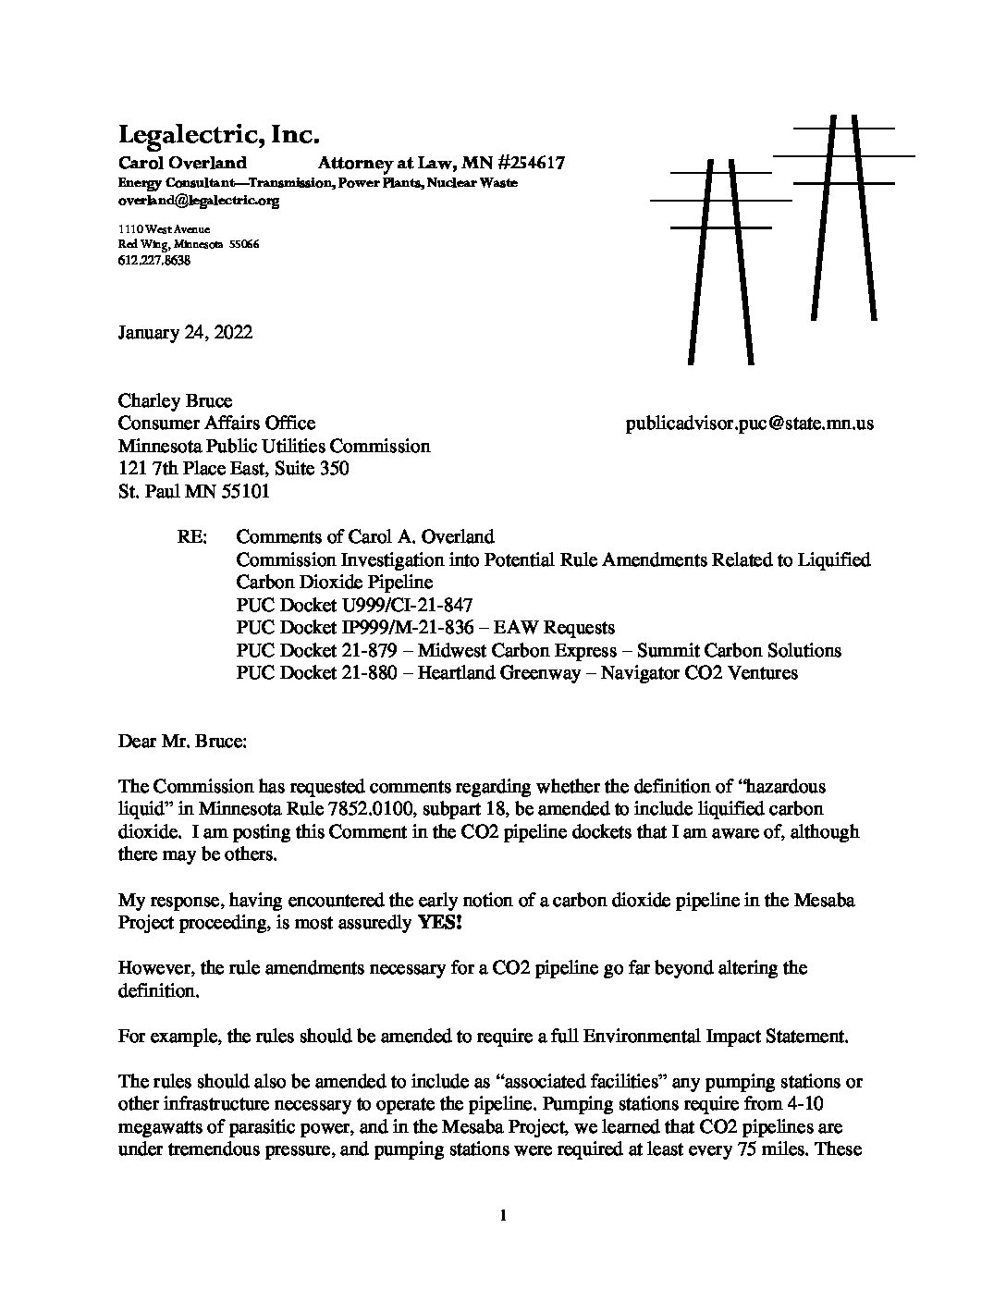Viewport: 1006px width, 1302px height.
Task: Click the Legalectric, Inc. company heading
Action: pos(218,135)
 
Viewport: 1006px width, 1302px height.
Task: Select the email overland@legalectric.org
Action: pos(198,200)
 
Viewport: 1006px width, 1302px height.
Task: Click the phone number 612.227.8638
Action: pos(154,261)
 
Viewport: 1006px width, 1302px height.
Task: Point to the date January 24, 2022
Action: pos(185,333)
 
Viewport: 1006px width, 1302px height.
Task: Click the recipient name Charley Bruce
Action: pos(175,401)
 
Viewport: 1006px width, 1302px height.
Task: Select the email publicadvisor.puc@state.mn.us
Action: pos(749,424)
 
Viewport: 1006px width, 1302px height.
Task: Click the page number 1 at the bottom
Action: pos(502,1216)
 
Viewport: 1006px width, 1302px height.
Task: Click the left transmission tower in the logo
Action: pos(720,259)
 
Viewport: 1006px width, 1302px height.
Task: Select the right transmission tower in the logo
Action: pos(843,217)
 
